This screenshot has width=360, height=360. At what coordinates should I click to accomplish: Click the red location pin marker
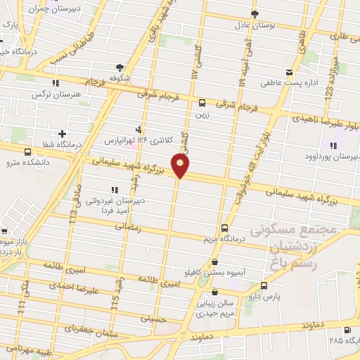(181, 167)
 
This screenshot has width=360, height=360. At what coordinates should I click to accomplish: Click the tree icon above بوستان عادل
(255, 13)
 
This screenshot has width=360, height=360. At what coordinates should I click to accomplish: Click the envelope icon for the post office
(289, 72)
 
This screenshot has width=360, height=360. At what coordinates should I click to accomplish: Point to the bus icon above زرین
(202, 103)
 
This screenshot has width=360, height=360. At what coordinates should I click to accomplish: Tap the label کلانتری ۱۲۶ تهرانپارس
(131, 141)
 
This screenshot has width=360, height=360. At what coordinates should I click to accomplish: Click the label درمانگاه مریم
(224, 239)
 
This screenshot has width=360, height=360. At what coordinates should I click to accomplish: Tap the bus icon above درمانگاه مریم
(225, 228)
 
